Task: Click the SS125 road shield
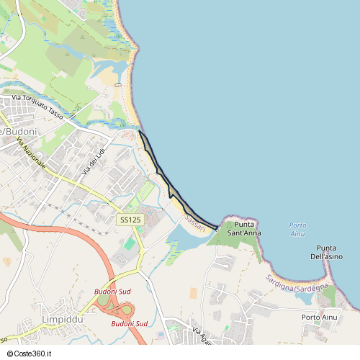point(129,219)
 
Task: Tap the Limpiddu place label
point(64,319)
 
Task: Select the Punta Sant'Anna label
point(243,229)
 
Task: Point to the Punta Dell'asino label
point(326,252)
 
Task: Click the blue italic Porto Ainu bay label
point(297,229)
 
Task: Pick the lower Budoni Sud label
point(129,324)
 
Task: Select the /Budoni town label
point(19,132)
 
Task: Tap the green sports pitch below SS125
point(129,244)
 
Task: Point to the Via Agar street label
point(202,335)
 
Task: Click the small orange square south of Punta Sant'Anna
point(193,293)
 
